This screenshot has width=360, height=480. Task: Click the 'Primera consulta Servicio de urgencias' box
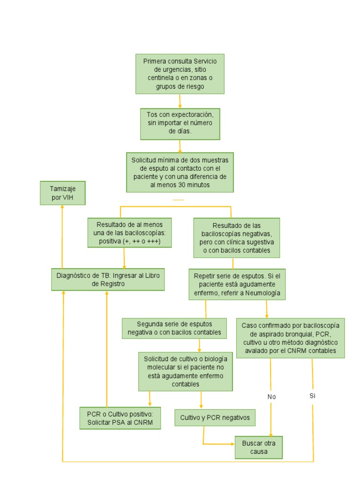tap(180, 74)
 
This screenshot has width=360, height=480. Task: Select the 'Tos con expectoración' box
tap(180, 123)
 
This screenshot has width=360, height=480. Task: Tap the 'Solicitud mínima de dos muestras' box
tap(180, 172)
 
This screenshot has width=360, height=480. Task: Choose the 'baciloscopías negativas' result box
tap(237, 238)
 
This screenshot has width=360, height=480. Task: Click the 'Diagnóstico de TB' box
tap(108, 279)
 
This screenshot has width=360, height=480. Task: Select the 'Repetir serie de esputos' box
tap(237, 284)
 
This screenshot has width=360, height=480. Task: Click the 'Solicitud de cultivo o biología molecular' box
tap(186, 371)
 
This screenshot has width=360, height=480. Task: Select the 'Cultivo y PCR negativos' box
tap(215, 417)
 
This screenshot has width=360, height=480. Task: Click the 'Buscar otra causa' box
tap(259, 447)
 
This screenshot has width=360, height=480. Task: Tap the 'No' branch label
tap(271, 397)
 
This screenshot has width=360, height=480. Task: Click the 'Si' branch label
tap(313, 396)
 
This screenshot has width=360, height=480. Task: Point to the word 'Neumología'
tap(262, 292)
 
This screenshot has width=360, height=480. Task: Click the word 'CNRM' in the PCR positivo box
tap(150, 422)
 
